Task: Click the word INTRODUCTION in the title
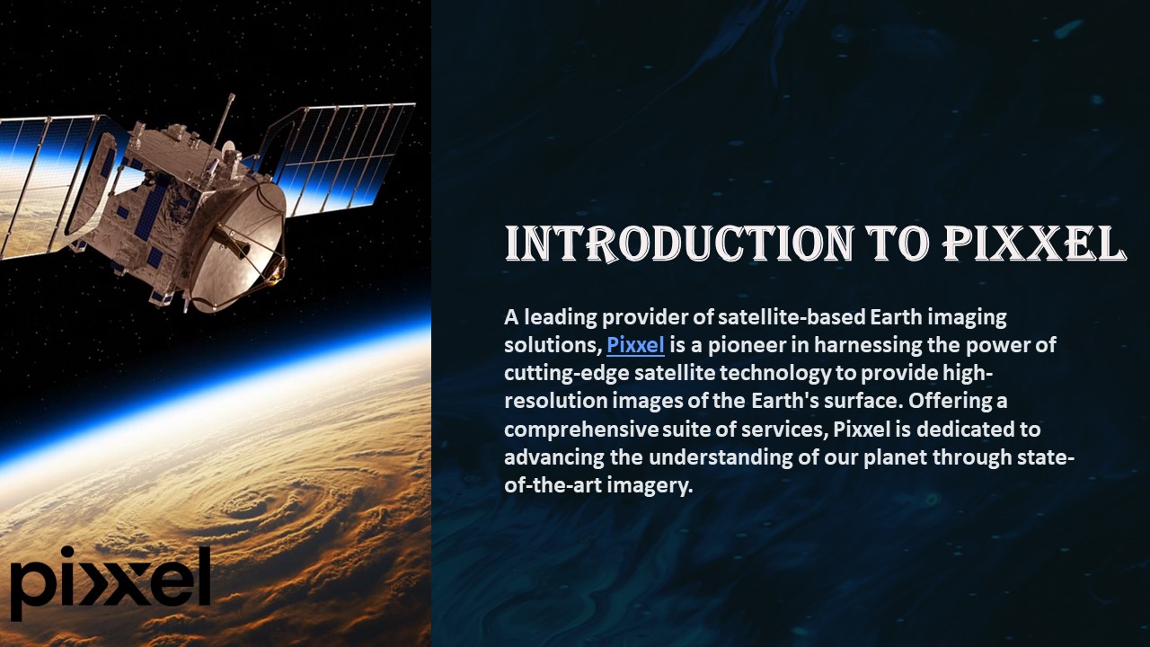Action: [677, 244]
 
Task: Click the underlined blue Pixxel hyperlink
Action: [635, 345]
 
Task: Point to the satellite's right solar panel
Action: [346, 157]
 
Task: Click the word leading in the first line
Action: [560, 317]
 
